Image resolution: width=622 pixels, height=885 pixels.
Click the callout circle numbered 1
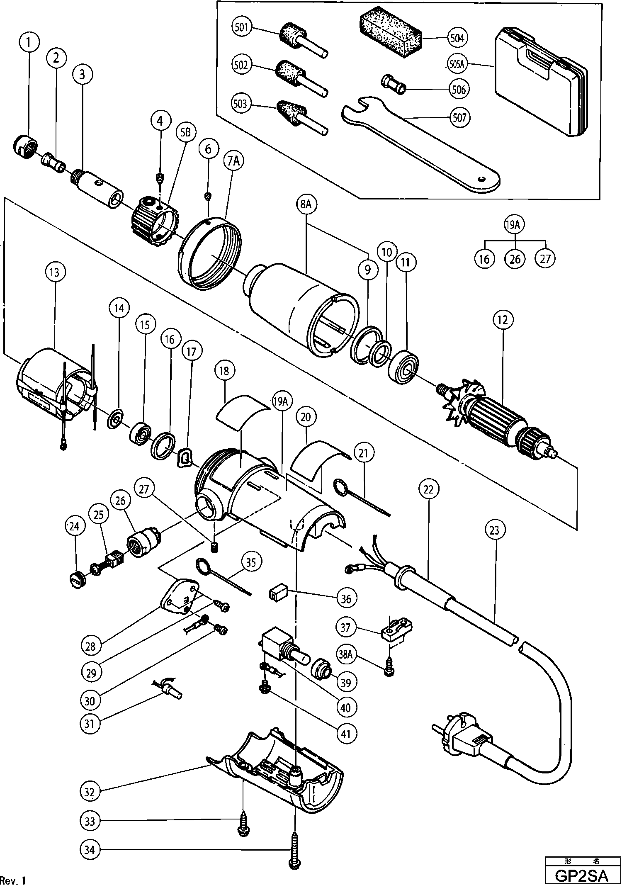pos(28,42)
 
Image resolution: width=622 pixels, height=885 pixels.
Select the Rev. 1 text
pos(13,880)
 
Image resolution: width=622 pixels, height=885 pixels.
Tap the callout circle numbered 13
pos(54,272)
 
